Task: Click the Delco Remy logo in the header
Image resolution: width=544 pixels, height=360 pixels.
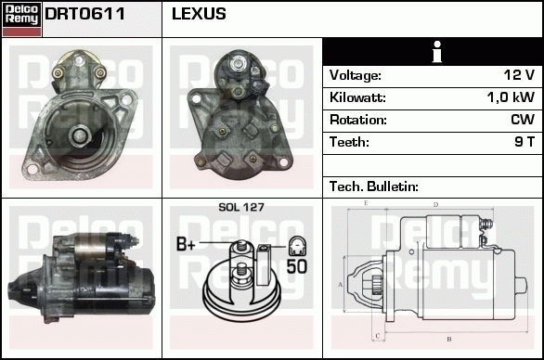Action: [22, 18]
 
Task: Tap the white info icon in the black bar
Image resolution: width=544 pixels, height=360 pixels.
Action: [434, 52]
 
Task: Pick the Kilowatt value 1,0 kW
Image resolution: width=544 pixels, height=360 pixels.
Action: [512, 97]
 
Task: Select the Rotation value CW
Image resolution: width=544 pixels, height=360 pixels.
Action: [523, 120]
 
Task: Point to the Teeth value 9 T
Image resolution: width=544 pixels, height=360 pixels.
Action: [525, 142]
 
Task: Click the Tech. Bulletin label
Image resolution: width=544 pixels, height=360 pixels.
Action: [374, 186]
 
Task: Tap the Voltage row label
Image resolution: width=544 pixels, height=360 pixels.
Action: [355, 75]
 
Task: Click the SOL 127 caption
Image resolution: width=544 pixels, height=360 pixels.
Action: [240, 207]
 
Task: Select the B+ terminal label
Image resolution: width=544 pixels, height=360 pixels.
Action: [187, 245]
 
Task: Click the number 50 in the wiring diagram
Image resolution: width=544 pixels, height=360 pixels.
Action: [296, 266]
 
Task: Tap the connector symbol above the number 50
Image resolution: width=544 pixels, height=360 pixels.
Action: [296, 246]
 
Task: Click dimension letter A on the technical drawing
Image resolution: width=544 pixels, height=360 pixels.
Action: [341, 283]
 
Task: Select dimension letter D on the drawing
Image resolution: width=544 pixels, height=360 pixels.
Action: [435, 204]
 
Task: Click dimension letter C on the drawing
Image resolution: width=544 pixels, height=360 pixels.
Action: [376, 335]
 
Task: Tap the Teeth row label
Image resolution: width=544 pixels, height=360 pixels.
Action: [349, 142]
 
